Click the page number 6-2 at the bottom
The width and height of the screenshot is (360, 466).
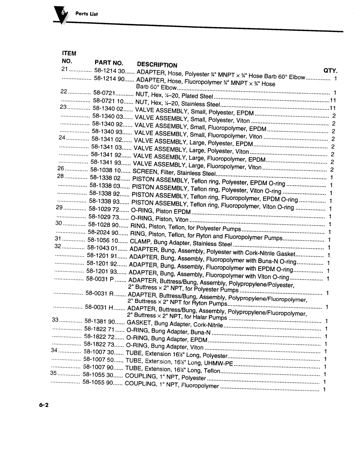point(44,405)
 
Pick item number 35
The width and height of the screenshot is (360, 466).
point(54,373)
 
